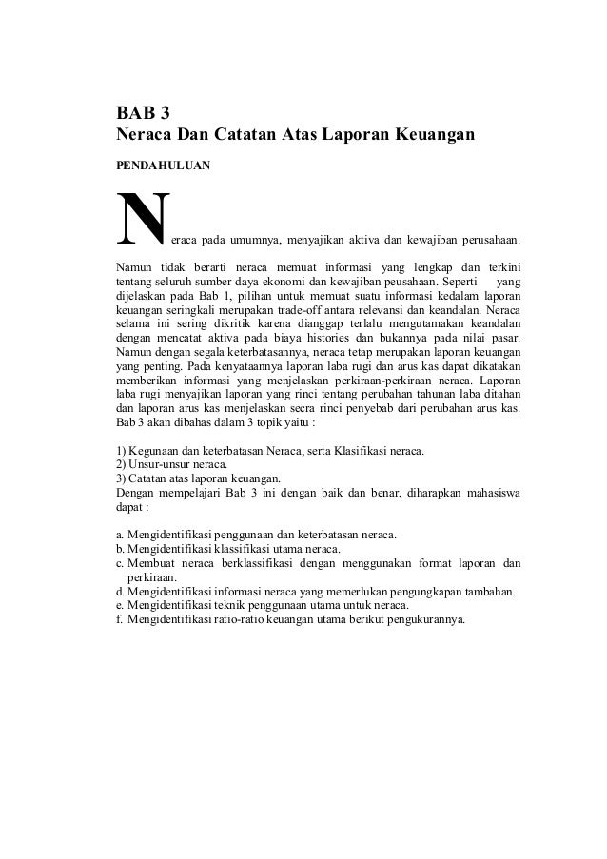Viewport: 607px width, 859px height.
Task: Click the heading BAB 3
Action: point(136,115)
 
